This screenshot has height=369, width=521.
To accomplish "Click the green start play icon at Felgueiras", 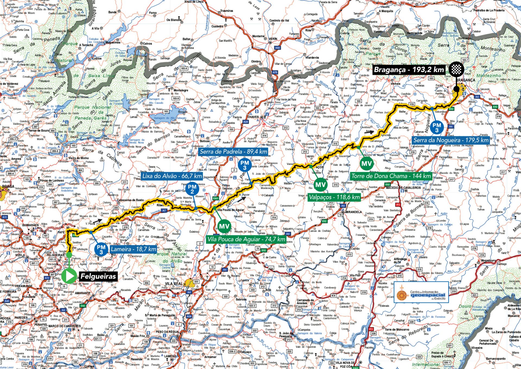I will pyautogui.click(x=69, y=276).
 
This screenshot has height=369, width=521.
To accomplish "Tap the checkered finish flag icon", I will pyautogui.click(x=456, y=70).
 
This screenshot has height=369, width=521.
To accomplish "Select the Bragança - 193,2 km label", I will pyautogui.click(x=409, y=70).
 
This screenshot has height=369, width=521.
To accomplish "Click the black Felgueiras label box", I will pyautogui.click(x=98, y=277).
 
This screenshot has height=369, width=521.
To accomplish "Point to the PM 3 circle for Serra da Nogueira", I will pyautogui.click(x=437, y=127).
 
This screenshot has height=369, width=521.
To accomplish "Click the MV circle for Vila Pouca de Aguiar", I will pyautogui.click(x=224, y=226).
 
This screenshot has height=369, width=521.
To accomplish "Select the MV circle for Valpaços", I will pyautogui.click(x=320, y=185).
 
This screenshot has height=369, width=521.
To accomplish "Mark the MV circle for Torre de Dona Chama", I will pyautogui.click(x=367, y=164).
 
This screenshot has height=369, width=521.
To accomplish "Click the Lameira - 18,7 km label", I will pyautogui.click(x=134, y=249).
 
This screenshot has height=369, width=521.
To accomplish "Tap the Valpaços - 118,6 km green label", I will pyautogui.click(x=334, y=197).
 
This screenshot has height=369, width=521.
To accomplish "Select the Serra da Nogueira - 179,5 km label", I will pyautogui.click(x=450, y=140).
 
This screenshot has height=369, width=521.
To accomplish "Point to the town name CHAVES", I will pyautogui.click(x=253, y=117).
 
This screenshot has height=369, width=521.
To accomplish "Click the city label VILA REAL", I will pyautogui.click(x=174, y=284).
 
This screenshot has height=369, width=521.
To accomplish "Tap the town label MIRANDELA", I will pyautogui.click(x=353, y=212).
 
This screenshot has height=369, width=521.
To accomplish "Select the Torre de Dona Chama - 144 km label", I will pyautogui.click(x=391, y=176).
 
